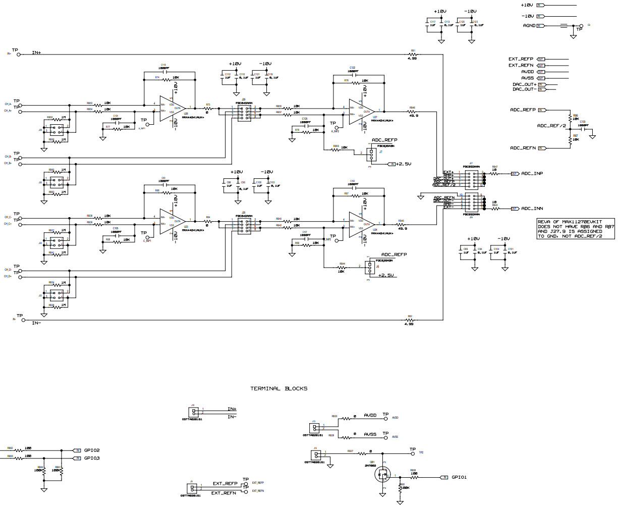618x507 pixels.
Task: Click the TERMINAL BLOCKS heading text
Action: [x=279, y=389]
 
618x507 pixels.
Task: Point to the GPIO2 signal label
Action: [x=92, y=450]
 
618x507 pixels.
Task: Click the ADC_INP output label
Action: [x=532, y=174]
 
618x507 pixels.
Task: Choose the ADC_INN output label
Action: [x=532, y=209]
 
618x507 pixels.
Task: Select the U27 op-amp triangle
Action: [x=361, y=111]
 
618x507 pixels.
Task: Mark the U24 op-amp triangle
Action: [x=361, y=224]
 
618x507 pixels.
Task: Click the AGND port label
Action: [x=529, y=25]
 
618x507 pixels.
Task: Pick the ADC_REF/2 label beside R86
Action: [x=551, y=126]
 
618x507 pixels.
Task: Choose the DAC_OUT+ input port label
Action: [x=525, y=84]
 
